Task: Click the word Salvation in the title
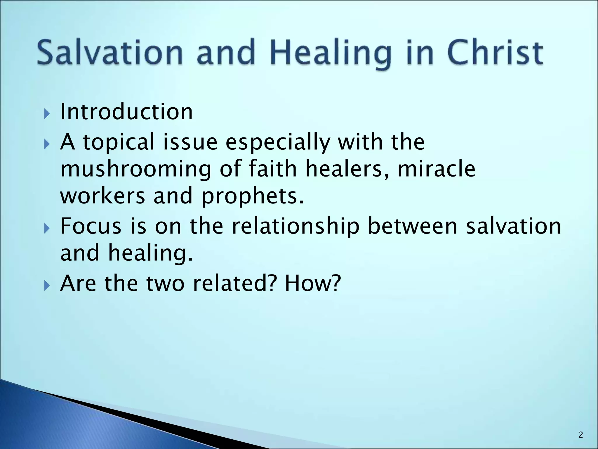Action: [x=109, y=53]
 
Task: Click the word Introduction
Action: [x=126, y=112]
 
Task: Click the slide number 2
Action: [x=580, y=435]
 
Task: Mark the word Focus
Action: [x=91, y=226]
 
